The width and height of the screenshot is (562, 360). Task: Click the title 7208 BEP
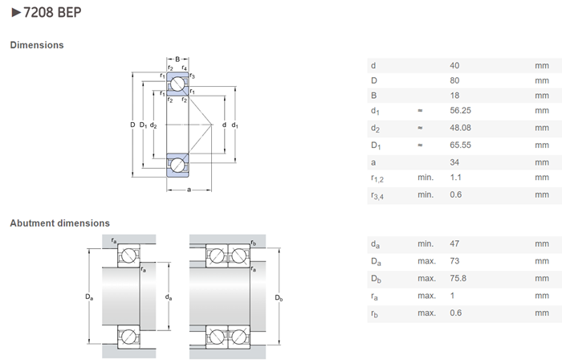click(52, 13)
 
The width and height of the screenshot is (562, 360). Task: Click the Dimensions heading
click(37, 45)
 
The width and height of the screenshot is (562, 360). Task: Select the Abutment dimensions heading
click(60, 223)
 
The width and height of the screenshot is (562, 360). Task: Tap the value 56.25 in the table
click(461, 110)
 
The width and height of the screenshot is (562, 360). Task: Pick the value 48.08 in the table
click(461, 128)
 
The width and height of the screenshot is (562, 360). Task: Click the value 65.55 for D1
click(461, 145)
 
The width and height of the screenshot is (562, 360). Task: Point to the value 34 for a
click(454, 162)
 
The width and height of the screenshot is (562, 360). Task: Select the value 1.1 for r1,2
click(455, 178)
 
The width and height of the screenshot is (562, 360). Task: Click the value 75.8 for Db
click(458, 278)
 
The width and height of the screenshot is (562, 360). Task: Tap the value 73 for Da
click(454, 261)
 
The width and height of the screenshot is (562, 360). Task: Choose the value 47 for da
click(454, 243)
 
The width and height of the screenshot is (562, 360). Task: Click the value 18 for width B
click(454, 96)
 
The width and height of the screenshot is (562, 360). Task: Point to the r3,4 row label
click(377, 196)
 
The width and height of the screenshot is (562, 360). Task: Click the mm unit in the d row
click(542, 66)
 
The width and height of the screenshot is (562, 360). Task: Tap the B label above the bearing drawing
click(177, 59)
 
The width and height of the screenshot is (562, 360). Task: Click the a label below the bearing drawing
click(189, 190)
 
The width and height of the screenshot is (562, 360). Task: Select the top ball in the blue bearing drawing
click(177, 84)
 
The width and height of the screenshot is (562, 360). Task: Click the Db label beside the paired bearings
click(279, 297)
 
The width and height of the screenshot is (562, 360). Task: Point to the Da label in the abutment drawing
click(89, 297)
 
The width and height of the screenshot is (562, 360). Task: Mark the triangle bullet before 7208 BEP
click(16, 13)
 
